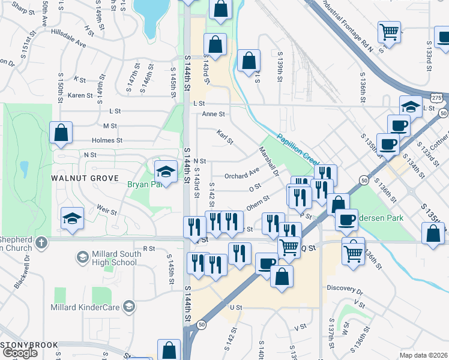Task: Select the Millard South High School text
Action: [x=117, y=258]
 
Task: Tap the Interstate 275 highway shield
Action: [x=437, y=97]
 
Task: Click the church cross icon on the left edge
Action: [x=41, y=242]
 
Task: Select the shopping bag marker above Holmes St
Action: [x=61, y=133]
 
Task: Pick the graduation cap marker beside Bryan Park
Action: [x=166, y=170]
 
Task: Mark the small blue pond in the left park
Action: [x=23, y=166]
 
